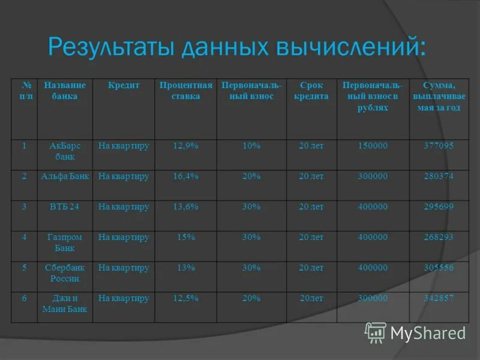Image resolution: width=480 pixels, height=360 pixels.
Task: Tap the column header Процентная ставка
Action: (186, 91)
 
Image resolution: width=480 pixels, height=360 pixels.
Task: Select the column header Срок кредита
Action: (311, 91)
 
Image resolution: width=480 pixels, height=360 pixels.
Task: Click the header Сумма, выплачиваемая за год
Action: (439, 97)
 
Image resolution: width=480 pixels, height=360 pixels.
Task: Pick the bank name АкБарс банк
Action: (65, 151)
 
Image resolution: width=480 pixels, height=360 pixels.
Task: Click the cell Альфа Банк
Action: (65, 176)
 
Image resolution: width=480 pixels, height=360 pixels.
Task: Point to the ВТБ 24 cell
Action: (65, 207)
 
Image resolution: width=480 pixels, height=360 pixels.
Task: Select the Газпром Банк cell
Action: (65, 242)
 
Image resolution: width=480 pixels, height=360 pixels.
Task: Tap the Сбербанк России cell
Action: (65, 273)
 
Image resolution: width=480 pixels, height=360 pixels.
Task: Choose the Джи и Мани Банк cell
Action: (65, 304)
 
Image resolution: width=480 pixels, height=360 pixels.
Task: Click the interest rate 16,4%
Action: (186, 176)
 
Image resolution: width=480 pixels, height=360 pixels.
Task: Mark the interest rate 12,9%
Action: (186, 146)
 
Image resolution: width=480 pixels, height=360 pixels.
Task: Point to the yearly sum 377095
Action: (439, 146)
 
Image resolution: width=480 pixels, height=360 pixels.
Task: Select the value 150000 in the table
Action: (373, 146)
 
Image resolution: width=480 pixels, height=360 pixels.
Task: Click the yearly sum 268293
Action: (439, 237)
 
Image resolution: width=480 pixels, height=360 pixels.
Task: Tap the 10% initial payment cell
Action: (251, 146)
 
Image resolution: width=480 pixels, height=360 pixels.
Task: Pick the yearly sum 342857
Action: (439, 298)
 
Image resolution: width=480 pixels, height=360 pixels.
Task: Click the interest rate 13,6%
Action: (186, 207)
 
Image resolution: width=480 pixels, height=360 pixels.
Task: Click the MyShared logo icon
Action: (376, 332)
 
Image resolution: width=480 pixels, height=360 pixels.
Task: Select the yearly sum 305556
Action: (439, 268)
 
